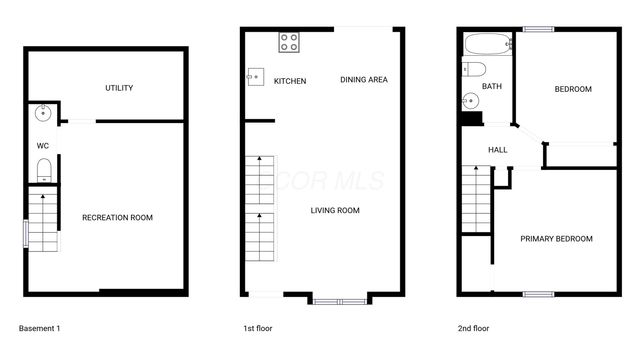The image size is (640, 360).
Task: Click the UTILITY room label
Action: click(119, 88)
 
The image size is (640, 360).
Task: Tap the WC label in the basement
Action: click(43, 146)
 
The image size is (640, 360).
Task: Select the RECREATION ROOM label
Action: click(117, 217)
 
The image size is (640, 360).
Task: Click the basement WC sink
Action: click(42, 113)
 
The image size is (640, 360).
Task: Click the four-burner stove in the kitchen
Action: click(288, 42)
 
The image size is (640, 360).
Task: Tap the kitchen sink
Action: click(256, 77)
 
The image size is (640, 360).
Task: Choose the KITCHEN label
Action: click(290, 81)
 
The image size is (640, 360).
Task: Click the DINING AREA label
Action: click(364, 80)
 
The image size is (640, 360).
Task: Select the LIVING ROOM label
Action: click(335, 210)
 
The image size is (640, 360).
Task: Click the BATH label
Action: click(492, 86)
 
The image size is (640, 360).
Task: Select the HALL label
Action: click(497, 150)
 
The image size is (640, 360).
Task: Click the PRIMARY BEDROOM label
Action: click(556, 239)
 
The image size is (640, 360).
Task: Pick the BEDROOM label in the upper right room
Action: click(573, 89)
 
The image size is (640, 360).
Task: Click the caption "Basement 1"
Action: click(40, 328)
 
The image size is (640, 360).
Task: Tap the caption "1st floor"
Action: click(258, 328)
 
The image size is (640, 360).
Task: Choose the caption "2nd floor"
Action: click(474, 328)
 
